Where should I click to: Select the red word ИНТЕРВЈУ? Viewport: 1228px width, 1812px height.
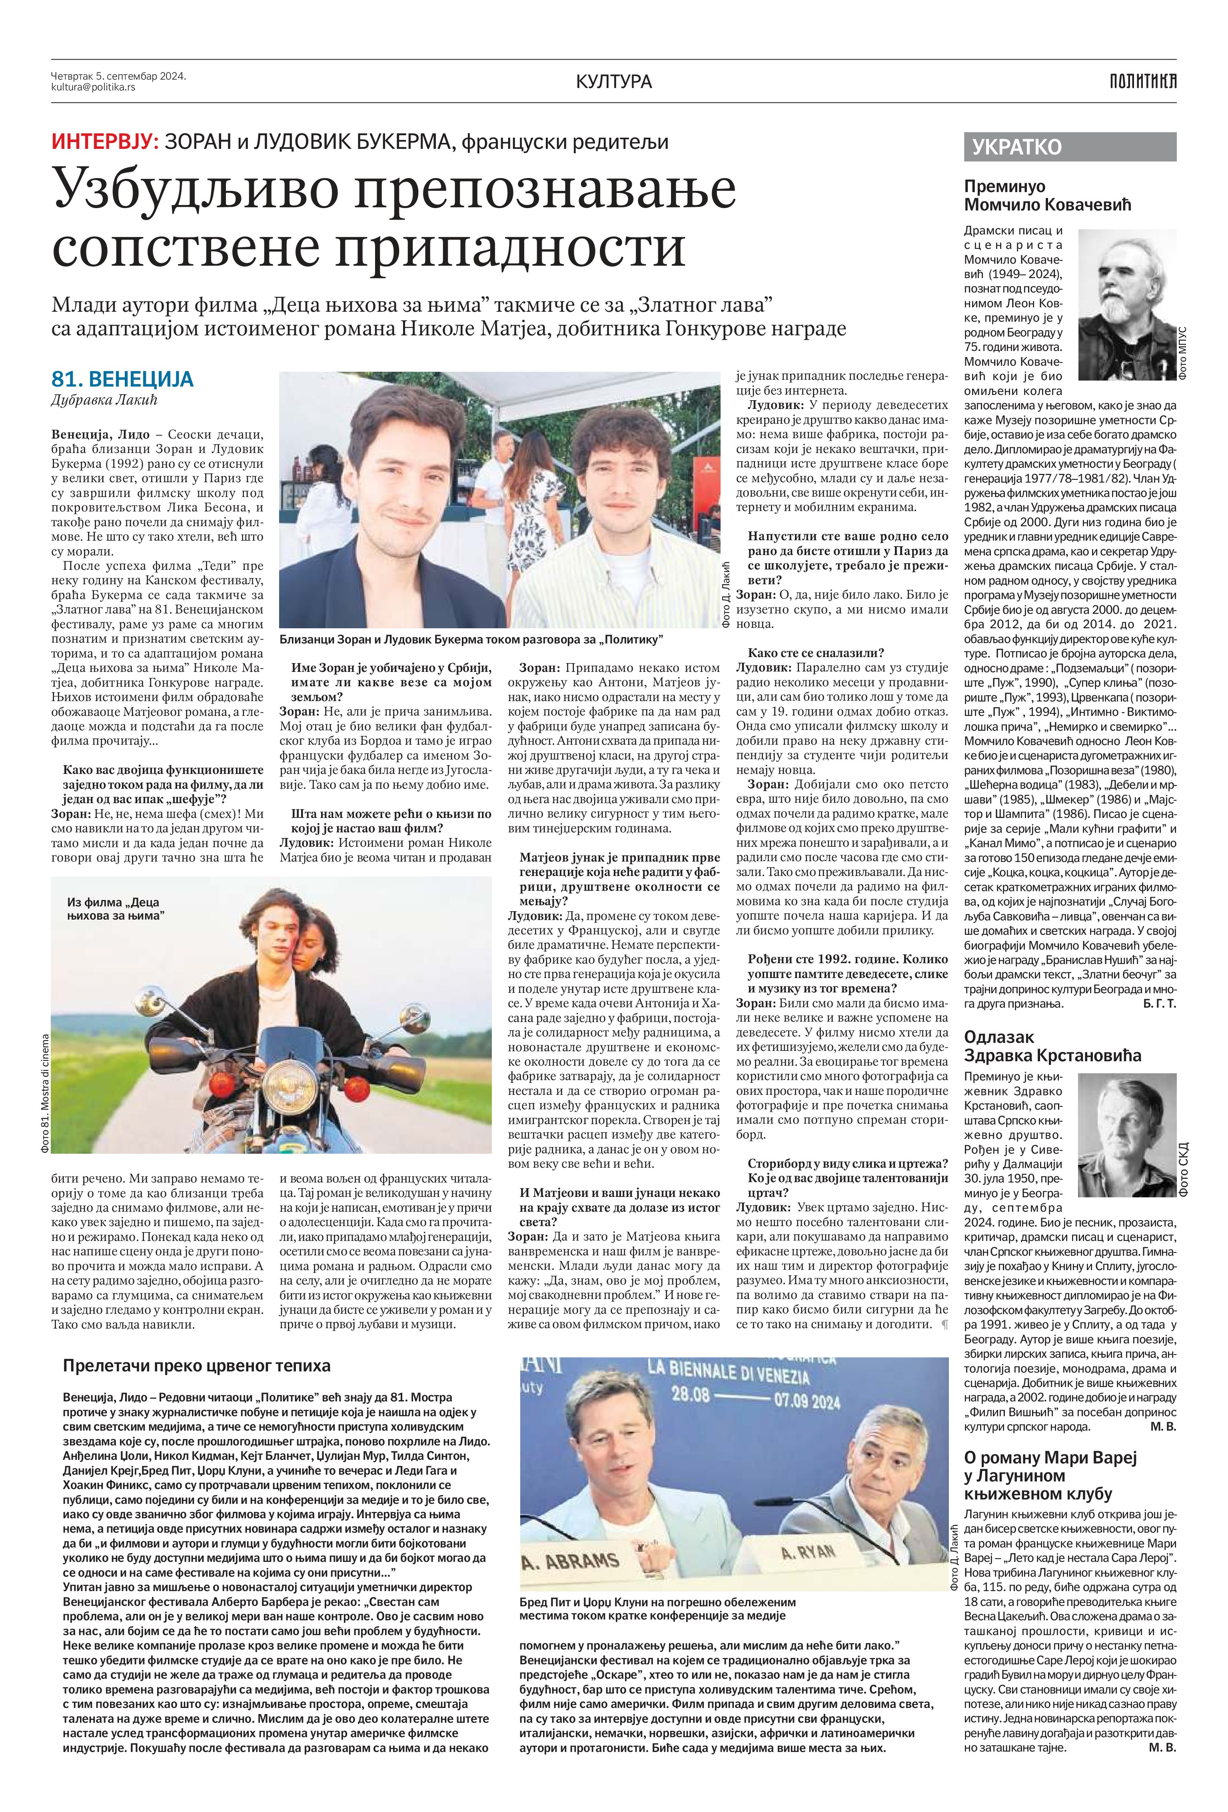pos(104,142)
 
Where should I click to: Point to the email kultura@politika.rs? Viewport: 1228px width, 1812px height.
pos(94,87)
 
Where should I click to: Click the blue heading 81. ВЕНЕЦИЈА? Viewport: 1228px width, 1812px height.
pos(122,380)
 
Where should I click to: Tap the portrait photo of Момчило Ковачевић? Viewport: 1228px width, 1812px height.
pos(1127,305)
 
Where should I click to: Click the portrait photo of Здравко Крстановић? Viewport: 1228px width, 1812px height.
pos(1127,1125)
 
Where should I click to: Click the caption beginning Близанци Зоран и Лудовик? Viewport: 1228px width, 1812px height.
pos(471,639)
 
